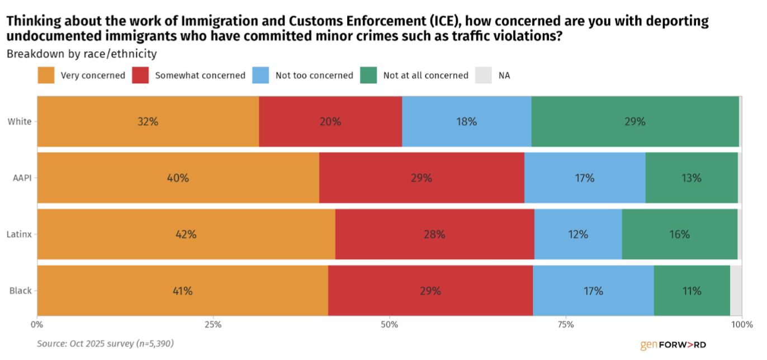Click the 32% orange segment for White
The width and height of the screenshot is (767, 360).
point(148,121)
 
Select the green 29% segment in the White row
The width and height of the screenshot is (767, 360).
point(635,121)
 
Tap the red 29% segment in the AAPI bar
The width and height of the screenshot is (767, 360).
point(422,178)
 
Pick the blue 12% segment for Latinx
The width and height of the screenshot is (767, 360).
point(578,234)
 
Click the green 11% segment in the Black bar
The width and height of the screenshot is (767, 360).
point(692,291)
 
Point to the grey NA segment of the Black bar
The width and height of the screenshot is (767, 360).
point(736,291)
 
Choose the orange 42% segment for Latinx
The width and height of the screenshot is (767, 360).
point(186,234)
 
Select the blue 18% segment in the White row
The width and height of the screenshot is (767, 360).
point(466,121)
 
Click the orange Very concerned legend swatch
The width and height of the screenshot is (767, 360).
point(46,75)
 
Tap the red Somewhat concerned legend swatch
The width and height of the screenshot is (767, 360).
point(140,75)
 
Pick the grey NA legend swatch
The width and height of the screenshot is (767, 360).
point(484,75)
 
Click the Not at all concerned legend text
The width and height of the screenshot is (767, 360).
point(425,75)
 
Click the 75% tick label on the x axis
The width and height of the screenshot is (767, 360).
point(566,324)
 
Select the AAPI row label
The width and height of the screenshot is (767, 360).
point(21,178)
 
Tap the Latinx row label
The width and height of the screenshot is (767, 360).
point(20,234)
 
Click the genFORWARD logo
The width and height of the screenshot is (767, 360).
point(673,345)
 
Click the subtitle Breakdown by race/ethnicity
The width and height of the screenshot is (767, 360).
point(82,54)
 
